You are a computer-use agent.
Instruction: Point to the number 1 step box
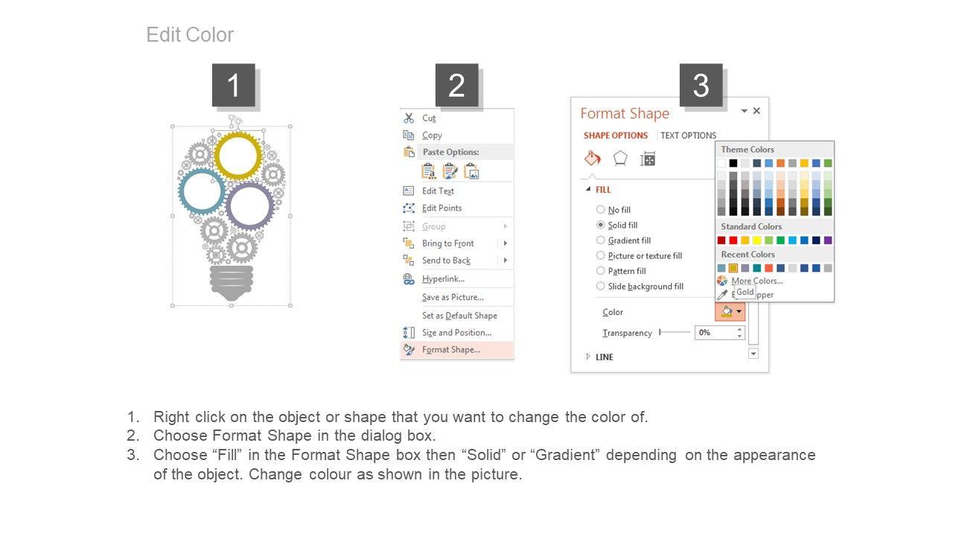(234, 85)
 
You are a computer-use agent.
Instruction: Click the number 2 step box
(456, 85)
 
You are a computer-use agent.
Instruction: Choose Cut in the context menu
(429, 118)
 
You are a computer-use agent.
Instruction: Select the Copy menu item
(432, 135)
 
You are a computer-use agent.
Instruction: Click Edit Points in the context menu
(442, 208)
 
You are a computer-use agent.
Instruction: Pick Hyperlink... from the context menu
(443, 279)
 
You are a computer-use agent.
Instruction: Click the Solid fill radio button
(600, 225)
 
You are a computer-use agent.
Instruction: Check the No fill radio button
(600, 209)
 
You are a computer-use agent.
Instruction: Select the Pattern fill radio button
(600, 270)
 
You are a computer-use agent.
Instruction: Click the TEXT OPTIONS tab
(688, 135)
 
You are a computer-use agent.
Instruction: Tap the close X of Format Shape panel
(756, 111)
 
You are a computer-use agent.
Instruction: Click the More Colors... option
(757, 281)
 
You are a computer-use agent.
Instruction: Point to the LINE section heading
(604, 357)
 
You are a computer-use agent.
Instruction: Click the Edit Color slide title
(190, 35)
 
